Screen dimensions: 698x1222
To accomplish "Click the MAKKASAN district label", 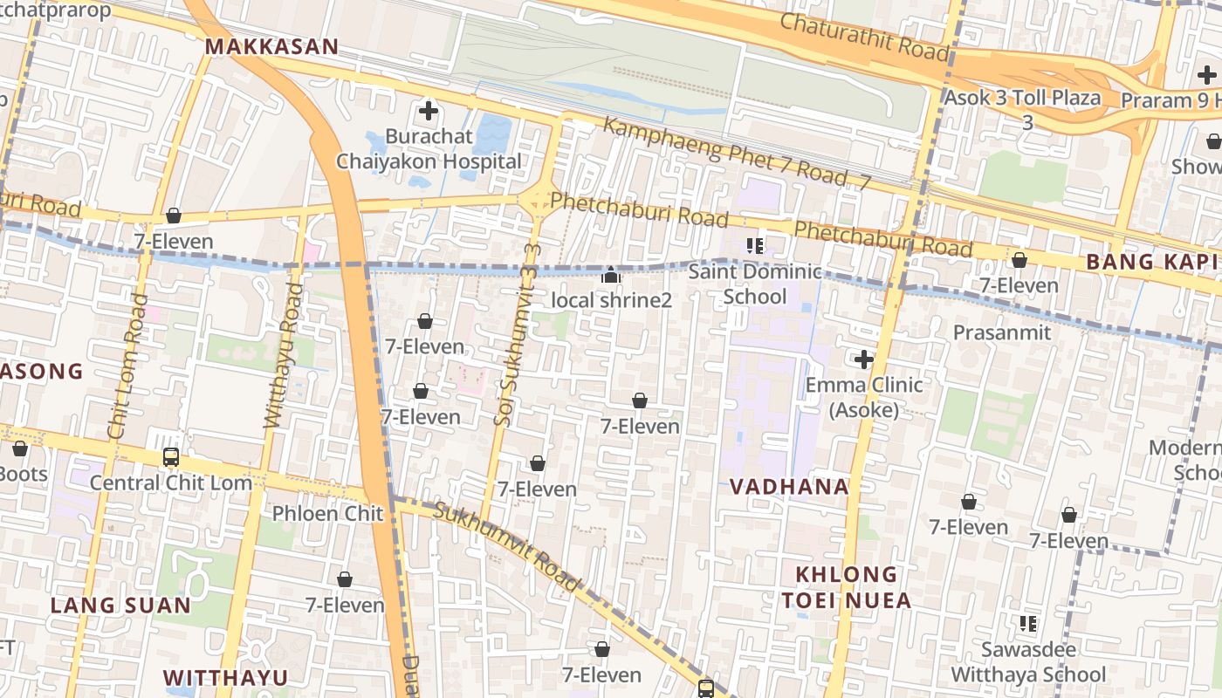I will tap(271, 47).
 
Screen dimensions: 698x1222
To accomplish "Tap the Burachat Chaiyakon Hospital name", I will tap(429, 149).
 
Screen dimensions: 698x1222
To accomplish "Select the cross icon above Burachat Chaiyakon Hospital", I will tap(429, 111).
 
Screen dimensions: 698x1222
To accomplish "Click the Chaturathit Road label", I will tap(863, 37).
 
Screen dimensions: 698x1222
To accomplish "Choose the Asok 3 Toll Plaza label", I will tap(1022, 98).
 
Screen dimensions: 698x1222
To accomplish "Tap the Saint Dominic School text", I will tap(755, 284).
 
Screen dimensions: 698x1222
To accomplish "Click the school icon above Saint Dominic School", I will tap(755, 245).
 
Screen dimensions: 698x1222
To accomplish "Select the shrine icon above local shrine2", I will tap(611, 277).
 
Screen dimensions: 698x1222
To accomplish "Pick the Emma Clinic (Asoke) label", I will tap(863, 397).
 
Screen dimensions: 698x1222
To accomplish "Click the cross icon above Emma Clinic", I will tap(863, 359).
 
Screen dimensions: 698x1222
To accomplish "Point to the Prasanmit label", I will tap(997, 332).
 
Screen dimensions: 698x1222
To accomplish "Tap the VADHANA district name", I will tap(789, 487).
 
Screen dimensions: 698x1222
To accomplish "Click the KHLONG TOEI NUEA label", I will tap(846, 587).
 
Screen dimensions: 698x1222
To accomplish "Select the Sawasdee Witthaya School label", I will tap(1028, 662).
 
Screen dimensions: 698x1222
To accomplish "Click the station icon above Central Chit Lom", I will tap(171, 456).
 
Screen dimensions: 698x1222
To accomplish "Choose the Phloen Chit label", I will tap(327, 513).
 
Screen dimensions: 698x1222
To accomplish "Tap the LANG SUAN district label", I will tap(120, 605).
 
